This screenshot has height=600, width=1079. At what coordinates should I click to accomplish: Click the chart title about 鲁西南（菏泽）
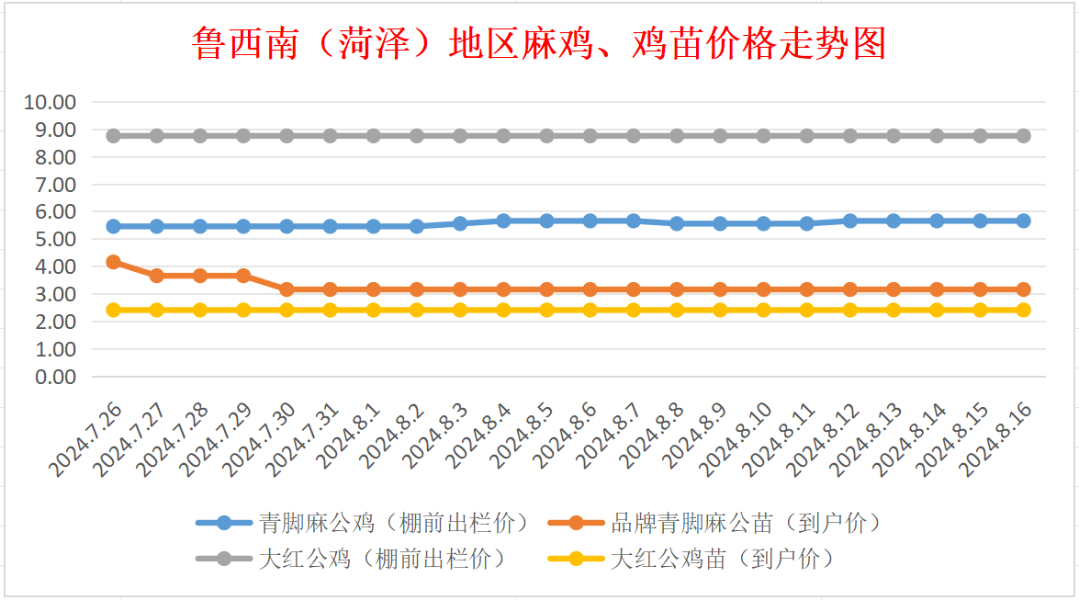pyautogui.click(x=539, y=43)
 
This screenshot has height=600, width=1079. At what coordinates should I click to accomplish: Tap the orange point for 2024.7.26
pyautogui.click(x=114, y=262)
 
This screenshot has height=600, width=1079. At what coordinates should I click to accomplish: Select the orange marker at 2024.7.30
pyautogui.click(x=287, y=289)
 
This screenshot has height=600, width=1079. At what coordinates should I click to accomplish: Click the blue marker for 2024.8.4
pyautogui.click(x=503, y=221)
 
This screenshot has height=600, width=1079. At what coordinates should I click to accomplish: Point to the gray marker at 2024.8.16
pyautogui.click(x=1023, y=136)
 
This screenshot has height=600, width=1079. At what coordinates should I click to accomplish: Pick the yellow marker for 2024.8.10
pyautogui.click(x=763, y=310)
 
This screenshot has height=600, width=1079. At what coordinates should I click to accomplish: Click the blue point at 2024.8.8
pyautogui.click(x=677, y=223)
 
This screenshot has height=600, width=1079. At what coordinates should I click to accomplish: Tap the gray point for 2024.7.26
pyautogui.click(x=114, y=136)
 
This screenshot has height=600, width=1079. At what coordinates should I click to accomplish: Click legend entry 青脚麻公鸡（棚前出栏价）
pyautogui.click(x=394, y=524)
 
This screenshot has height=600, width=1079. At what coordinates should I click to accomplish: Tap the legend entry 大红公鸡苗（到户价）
pyautogui.click(x=722, y=558)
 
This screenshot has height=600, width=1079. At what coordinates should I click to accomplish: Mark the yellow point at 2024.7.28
pyautogui.click(x=200, y=310)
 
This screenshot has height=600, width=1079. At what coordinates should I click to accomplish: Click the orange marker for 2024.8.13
pyautogui.click(x=894, y=289)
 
